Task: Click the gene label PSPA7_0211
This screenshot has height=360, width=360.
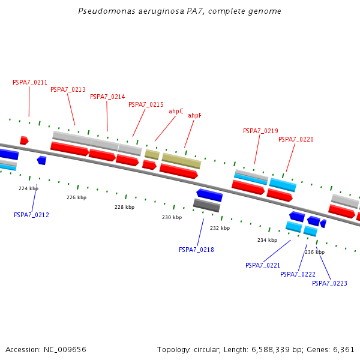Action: pyautogui.click(x=30, y=83)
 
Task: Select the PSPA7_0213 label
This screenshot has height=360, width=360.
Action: pyautogui.click(x=68, y=90)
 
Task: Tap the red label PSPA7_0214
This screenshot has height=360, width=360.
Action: pyautogui.click(x=107, y=97)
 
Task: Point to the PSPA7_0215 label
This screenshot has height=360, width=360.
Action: pyautogui.click(x=146, y=105)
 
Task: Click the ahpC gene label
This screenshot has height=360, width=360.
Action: pyautogui.click(x=176, y=112)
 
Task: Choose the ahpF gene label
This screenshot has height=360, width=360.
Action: pyautogui.click(x=194, y=116)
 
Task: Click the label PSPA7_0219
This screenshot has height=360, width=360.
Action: pyautogui.click(x=260, y=131)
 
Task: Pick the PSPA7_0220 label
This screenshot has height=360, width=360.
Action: pyautogui.click(x=296, y=140)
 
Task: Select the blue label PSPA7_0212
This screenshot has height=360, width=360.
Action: pyautogui.click(x=31, y=215)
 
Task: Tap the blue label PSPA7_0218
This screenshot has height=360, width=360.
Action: pyautogui.click(x=196, y=250)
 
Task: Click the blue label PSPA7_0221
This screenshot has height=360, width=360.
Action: pyautogui.click(x=263, y=265)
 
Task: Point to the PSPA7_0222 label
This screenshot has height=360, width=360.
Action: pyautogui.click(x=298, y=274)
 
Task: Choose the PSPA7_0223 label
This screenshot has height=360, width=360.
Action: pyautogui.click(x=329, y=283)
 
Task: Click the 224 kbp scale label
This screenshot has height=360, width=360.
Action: pyautogui.click(x=28, y=188)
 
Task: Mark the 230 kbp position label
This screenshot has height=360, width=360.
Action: pyautogui.click(x=172, y=217)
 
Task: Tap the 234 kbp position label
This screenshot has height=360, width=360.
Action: pyautogui.click(x=267, y=240)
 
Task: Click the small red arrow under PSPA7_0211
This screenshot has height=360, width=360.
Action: pyautogui.click(x=24, y=140)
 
